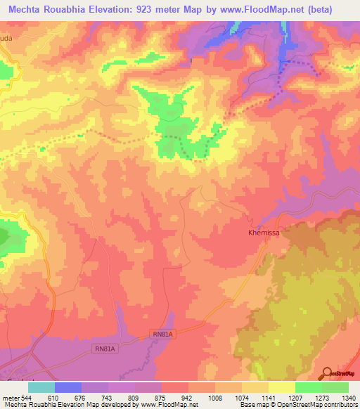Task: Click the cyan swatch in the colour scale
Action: pyautogui.click(x=41, y=387)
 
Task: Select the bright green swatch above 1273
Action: pyautogui.click(x=309, y=387)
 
